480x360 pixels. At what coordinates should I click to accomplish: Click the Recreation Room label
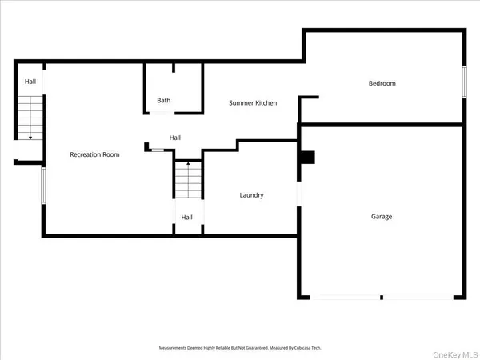(x=94, y=154)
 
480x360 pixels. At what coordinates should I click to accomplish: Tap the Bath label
(x=164, y=101)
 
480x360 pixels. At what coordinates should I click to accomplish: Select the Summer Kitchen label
(x=254, y=103)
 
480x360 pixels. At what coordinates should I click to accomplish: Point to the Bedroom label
(x=382, y=83)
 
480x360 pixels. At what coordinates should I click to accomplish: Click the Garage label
(x=382, y=216)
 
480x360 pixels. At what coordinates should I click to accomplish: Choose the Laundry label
(x=252, y=195)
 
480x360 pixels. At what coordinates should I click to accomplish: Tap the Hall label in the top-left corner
(x=30, y=82)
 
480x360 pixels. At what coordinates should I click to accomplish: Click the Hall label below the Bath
(x=175, y=138)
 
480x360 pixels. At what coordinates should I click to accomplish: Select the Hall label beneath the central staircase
(x=187, y=217)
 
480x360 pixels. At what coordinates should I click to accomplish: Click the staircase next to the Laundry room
(x=188, y=181)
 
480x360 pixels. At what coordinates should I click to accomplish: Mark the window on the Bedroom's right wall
(x=464, y=82)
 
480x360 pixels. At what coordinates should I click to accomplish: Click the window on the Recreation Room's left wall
(x=43, y=185)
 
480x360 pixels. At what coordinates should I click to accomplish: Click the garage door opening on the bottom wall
(x=380, y=298)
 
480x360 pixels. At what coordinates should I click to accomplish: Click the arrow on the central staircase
(x=188, y=164)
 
